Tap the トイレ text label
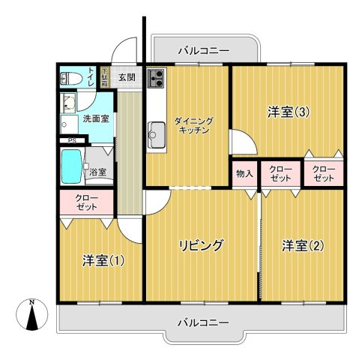[x=91, y=77]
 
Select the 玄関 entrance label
[x=127, y=77]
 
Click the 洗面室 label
[x=95, y=118]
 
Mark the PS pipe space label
[x=72, y=140]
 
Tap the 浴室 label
[x=97, y=172]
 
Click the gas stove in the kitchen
[x=157, y=77]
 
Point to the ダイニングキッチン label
[x=193, y=124]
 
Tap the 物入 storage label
[x=244, y=174]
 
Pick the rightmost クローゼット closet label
[x=324, y=173]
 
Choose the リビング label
[x=200, y=245]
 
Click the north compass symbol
[x=31, y=315]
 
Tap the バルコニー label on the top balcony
[x=204, y=50]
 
